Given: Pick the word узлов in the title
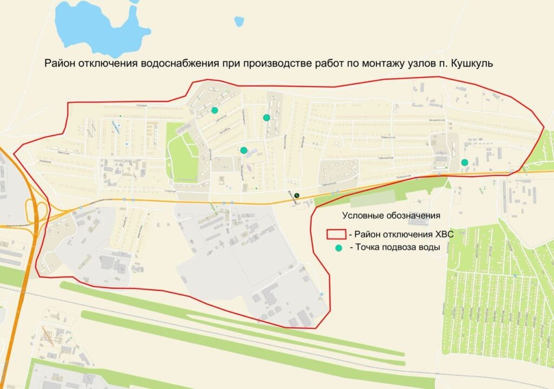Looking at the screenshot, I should (x=425, y=63).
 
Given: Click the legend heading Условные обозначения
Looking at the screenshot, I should (x=392, y=216).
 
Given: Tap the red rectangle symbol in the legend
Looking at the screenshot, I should (x=335, y=235).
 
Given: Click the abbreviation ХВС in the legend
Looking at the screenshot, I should (x=441, y=235).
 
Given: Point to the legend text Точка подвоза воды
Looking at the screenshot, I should (x=395, y=248).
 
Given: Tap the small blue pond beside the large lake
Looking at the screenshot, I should (x=239, y=22).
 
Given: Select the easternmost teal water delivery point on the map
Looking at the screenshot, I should (x=464, y=162).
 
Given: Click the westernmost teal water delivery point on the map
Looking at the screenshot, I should (x=215, y=111).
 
